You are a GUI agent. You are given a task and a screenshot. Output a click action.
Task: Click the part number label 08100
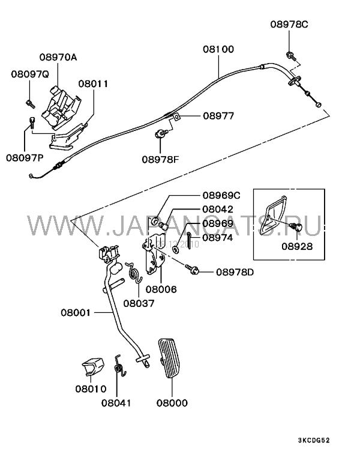click(x=218, y=49)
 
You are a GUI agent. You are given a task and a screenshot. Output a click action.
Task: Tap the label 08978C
click(x=288, y=25)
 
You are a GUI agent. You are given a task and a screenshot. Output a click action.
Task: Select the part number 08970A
click(x=58, y=58)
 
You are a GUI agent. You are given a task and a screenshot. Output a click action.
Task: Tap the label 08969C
click(x=221, y=195)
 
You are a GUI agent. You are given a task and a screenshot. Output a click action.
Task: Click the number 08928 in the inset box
click(x=297, y=246)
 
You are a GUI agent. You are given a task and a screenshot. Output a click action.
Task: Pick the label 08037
click(x=139, y=303)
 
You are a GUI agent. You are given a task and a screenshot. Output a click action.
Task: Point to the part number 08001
click(x=75, y=312)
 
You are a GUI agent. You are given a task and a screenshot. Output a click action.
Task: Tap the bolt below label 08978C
click(x=290, y=56)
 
